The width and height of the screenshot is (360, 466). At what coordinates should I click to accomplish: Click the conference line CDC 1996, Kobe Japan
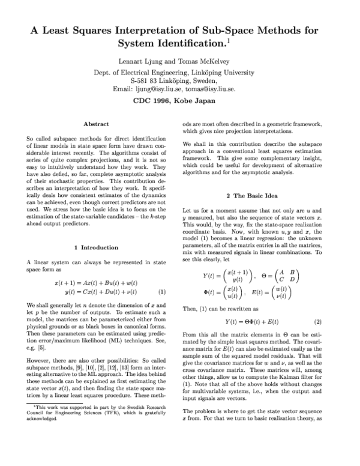click(179, 101)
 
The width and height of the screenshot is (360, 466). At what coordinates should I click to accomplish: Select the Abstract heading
click(95, 124)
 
